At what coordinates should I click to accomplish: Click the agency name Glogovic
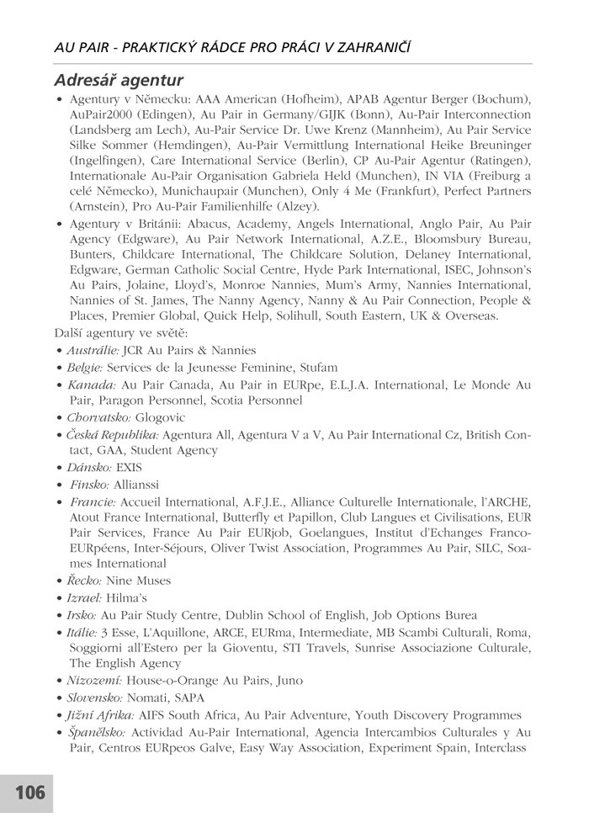click(160, 417)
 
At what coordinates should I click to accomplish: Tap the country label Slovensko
click(94, 698)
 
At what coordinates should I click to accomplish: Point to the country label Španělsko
click(97, 731)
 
